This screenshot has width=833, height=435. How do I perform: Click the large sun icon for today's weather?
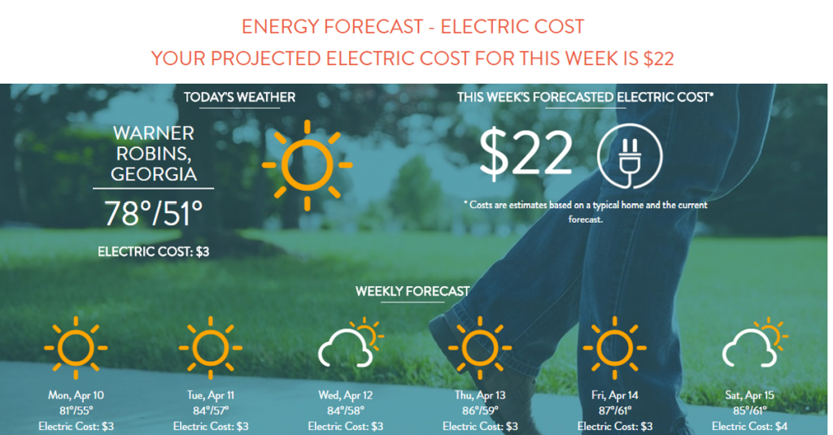307,165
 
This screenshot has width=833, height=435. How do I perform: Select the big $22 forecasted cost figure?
526,153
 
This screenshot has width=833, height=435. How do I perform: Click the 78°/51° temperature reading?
154,213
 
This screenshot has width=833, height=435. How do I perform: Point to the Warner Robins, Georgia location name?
154,154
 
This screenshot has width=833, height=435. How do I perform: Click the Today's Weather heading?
240,98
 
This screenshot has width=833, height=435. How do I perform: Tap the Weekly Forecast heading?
412,291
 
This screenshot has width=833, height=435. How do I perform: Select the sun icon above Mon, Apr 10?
76,348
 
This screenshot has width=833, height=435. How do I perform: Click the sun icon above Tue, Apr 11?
211,348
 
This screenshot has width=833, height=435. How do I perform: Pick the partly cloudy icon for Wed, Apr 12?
351,343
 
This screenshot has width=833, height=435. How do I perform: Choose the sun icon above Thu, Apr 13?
480,348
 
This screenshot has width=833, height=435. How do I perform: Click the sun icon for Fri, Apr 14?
615,348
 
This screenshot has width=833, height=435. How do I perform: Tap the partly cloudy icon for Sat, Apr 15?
755,343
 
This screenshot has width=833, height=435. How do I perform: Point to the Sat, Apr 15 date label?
749,395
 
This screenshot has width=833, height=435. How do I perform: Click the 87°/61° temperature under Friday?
615,411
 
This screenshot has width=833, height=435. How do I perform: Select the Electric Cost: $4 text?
749,426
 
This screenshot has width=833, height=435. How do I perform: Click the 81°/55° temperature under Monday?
76,411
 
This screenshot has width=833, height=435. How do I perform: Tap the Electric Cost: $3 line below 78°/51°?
154,251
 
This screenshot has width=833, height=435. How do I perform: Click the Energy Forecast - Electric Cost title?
412,27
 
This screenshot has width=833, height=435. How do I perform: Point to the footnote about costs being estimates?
586,212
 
